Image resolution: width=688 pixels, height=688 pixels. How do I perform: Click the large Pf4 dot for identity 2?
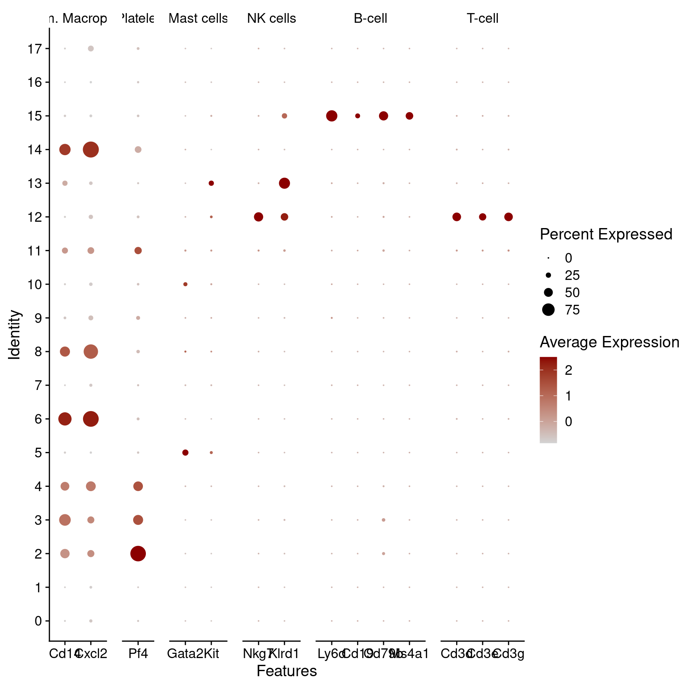pyautogui.click(x=138, y=554)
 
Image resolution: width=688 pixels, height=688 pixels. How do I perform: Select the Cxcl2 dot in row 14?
pyautogui.click(x=91, y=150)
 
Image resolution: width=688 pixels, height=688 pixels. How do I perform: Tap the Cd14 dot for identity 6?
pyautogui.click(x=65, y=419)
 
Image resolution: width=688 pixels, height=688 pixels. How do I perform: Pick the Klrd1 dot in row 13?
pyautogui.click(x=284, y=183)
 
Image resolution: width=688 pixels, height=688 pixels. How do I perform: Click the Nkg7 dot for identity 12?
pyautogui.click(x=258, y=217)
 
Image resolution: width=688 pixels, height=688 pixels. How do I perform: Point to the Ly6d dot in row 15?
pyautogui.click(x=332, y=116)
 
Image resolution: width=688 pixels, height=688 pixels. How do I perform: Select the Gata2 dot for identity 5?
pyautogui.click(x=185, y=453)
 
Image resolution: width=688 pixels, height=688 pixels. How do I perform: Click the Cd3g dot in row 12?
pyautogui.click(x=508, y=217)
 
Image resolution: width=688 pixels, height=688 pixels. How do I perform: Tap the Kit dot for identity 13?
pyautogui.click(x=211, y=183)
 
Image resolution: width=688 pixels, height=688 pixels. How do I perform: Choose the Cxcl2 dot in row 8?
pyautogui.click(x=91, y=352)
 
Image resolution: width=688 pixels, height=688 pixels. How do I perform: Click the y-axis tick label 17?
pyautogui.click(x=35, y=49)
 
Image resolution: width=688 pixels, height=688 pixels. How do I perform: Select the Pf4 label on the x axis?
pyautogui.click(x=138, y=654)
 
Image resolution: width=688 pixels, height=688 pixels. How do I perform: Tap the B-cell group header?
pyautogui.click(x=370, y=19)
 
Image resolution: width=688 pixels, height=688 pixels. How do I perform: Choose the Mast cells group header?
pyautogui.click(x=198, y=19)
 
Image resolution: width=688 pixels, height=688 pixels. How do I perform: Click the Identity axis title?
pyautogui.click(x=14, y=335)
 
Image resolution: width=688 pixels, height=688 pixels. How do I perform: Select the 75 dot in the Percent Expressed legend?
pyautogui.click(x=548, y=310)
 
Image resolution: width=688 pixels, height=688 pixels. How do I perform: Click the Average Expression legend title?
pyautogui.click(x=609, y=342)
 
